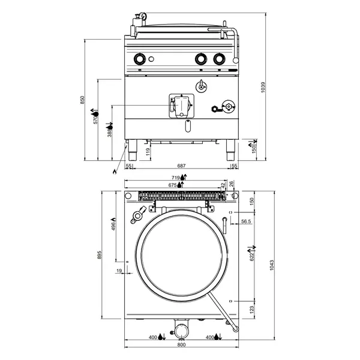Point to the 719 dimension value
point(175,178)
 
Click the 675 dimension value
point(172,186)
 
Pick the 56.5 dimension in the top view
point(245,221)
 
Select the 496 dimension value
point(113,226)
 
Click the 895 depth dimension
point(100,255)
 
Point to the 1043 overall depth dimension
point(272,266)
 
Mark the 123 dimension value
point(252,309)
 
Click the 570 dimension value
point(95,119)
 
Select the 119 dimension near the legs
point(148,151)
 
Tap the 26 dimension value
point(232,185)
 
